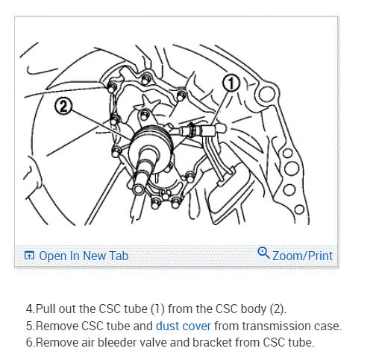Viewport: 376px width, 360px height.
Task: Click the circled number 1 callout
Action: [231, 83]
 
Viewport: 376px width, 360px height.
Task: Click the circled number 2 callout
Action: [63, 107]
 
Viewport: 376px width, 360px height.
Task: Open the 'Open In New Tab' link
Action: [84, 256]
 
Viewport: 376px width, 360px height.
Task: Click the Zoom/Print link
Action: [302, 256]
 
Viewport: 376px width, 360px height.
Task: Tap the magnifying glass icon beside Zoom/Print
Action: [263, 253]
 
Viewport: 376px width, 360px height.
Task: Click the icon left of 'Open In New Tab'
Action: [29, 256]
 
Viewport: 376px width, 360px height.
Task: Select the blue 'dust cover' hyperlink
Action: [184, 326]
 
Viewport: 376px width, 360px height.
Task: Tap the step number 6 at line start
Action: [30, 342]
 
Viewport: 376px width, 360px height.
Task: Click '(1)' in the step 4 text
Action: [157, 309]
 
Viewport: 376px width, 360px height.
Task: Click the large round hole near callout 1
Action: [266, 94]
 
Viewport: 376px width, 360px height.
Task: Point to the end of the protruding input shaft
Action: [138, 189]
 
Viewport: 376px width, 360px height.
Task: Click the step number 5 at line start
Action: [30, 326]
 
